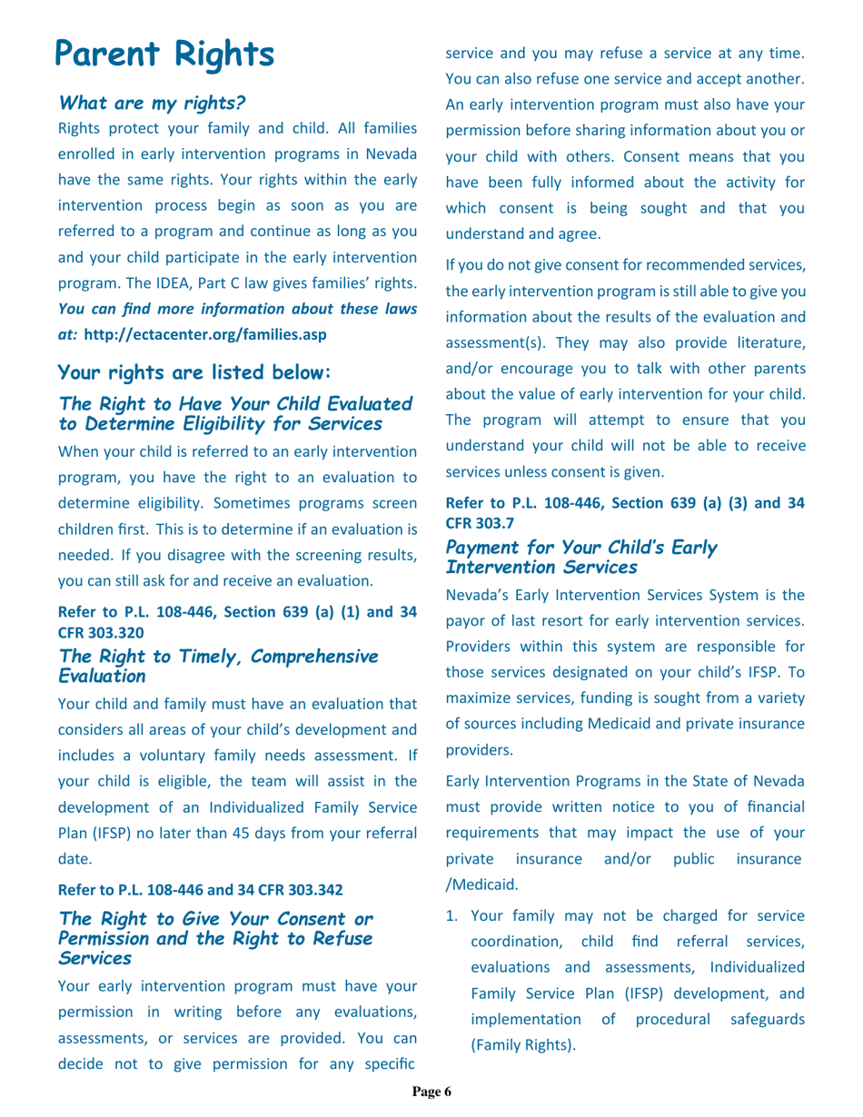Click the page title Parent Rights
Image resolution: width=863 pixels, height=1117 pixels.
[x=164, y=54]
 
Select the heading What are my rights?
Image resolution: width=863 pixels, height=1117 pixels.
[x=153, y=102]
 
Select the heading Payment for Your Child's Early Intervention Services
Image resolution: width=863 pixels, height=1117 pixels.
[x=580, y=558]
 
